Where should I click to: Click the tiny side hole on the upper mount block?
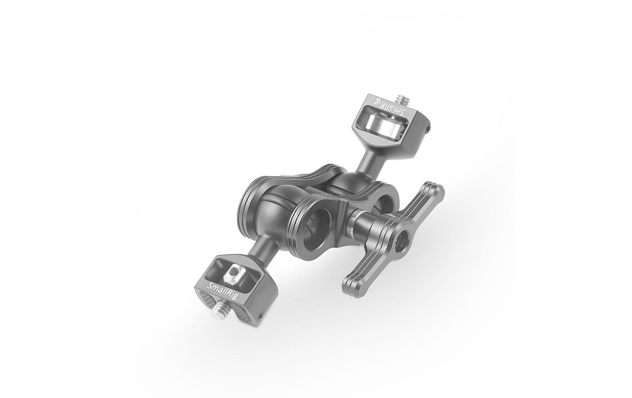(428, 129)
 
